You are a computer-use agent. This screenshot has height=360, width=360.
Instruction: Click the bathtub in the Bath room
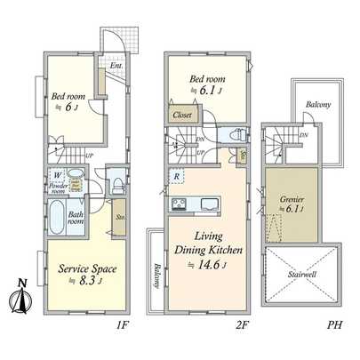(x=55, y=215)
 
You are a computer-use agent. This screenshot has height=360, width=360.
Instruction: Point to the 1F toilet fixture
(x=116, y=184)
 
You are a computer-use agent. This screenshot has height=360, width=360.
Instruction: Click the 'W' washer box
(x=57, y=175)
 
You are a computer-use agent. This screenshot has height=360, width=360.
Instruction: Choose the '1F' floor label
(x=123, y=325)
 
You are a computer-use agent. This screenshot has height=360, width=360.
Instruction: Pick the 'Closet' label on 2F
(x=183, y=115)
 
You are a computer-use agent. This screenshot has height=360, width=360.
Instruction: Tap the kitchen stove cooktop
(x=177, y=206)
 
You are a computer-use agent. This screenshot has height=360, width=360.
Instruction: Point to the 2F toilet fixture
(x=236, y=135)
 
